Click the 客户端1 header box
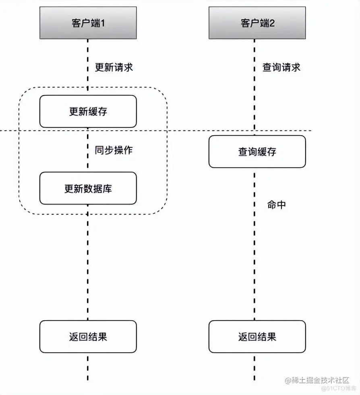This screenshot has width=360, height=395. click(x=88, y=23)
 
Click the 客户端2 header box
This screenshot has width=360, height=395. click(x=257, y=23)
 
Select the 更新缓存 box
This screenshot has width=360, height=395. click(x=88, y=111)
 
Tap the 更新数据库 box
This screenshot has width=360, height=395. click(x=88, y=188)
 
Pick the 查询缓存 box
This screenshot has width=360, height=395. click(x=257, y=152)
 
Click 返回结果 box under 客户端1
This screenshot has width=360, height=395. click(x=88, y=337)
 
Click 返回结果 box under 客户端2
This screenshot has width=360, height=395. click(x=257, y=337)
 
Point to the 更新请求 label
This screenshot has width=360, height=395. click(x=114, y=67)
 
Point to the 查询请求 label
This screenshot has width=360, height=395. click(x=281, y=67)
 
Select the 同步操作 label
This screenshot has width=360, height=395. click(x=114, y=150)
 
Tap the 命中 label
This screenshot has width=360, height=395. click(x=276, y=204)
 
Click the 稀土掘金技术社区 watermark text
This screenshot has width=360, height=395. click(x=320, y=380)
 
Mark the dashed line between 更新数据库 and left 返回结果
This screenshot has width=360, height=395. click(x=88, y=261)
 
